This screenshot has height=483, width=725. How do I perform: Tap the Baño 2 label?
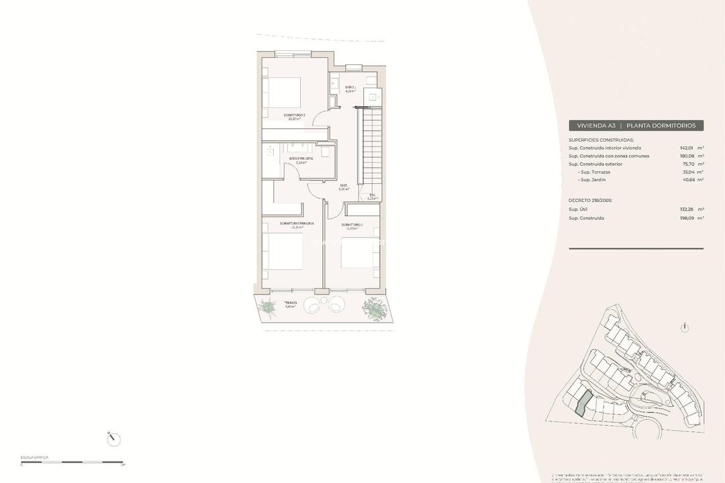[350, 89]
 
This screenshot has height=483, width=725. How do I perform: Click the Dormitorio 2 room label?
[352, 225]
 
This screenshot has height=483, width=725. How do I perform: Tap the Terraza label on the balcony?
[290, 304]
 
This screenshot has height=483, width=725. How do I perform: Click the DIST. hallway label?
[344, 187]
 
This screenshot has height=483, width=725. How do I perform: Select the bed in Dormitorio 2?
[356, 254]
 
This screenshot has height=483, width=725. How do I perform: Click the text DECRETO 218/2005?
[590, 201]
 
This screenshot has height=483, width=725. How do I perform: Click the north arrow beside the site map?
[684, 327]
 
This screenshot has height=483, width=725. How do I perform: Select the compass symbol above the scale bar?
[114, 439]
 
